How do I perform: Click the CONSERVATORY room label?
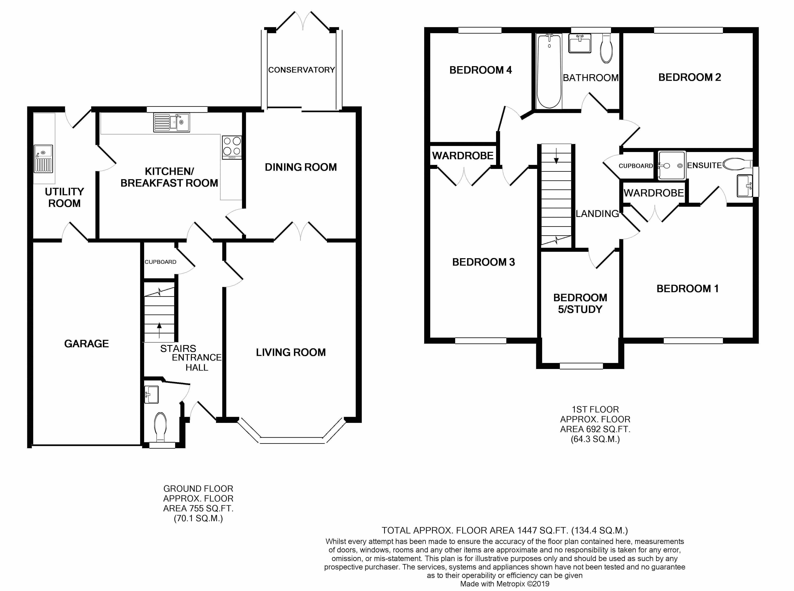[302, 70]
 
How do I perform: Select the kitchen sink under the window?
[172, 122]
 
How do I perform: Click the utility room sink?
[43, 159]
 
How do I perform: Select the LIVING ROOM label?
[291, 352]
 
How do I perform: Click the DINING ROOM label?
[301, 167]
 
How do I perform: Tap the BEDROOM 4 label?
[481, 70]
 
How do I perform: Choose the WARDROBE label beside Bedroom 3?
[463, 156]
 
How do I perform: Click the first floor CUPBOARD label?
[636, 166]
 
